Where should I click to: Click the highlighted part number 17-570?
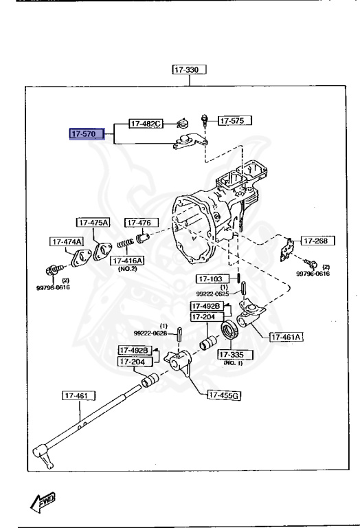pyautogui.click(x=86, y=134)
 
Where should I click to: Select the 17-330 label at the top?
pyautogui.click(x=190, y=69)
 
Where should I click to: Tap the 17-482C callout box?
pyautogui.click(x=146, y=124)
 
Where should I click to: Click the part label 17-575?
pyautogui.click(x=234, y=120)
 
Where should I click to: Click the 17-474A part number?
pyautogui.click(x=66, y=241)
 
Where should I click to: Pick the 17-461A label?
pyautogui.click(x=286, y=337)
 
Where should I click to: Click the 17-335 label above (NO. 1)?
pyautogui.click(x=234, y=354)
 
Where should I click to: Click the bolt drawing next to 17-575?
pyautogui.click(x=205, y=121)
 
